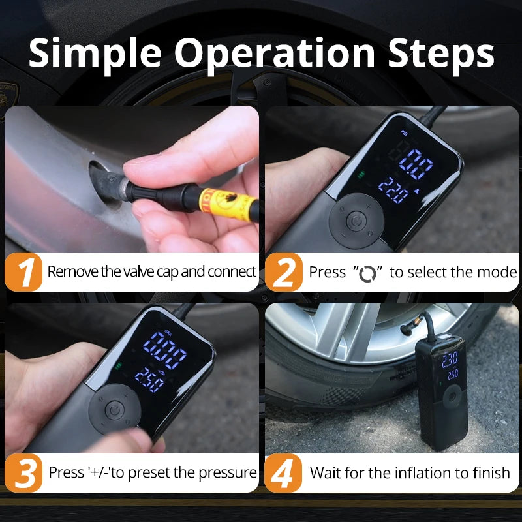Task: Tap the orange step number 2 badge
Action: pos(283,273)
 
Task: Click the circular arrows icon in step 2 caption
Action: pos(368,273)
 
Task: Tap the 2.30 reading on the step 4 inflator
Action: pos(450,360)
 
